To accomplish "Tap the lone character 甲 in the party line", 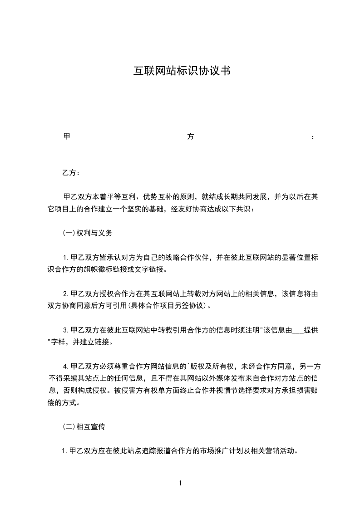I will (x=66, y=137).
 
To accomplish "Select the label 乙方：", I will (x=71, y=173).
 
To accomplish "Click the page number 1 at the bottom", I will (x=180, y=483).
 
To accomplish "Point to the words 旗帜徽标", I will (x=98, y=269).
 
